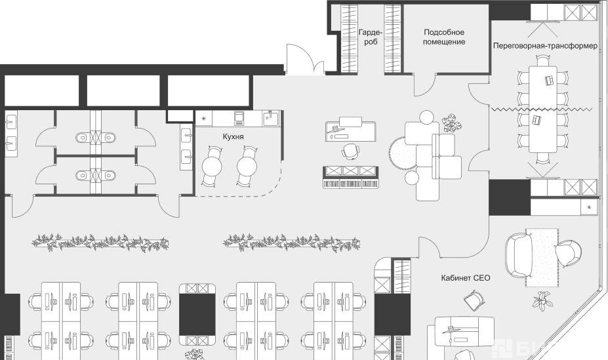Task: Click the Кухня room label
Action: (x=233, y=137)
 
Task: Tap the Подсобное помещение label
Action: (x=444, y=37)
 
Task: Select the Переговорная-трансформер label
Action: (x=545, y=46)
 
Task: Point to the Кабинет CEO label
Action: (x=465, y=278)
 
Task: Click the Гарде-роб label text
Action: (x=371, y=37)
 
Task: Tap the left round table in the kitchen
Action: (x=212, y=167)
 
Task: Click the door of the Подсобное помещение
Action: (x=424, y=85)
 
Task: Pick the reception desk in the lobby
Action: (x=350, y=130)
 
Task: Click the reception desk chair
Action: (x=350, y=150)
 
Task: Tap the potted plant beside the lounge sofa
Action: (x=452, y=122)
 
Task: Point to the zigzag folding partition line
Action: (x=542, y=110)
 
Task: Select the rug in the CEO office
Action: (x=542, y=258)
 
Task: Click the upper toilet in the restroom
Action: (x=83, y=138)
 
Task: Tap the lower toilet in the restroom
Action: (x=83, y=176)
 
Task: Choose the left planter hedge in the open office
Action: (x=100, y=242)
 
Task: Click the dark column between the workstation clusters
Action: (x=197, y=315)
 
